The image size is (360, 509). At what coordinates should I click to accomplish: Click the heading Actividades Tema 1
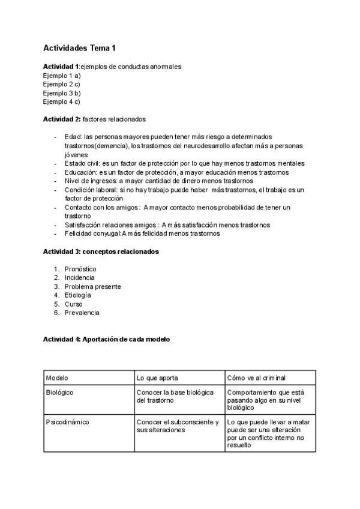tap(79, 48)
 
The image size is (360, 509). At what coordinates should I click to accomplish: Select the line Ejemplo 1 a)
tap(62, 76)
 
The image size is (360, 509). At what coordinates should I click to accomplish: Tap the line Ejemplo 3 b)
tap(62, 93)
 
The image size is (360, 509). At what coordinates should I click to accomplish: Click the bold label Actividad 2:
tap(62, 119)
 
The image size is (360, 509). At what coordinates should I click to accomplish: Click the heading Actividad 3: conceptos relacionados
tap(101, 251)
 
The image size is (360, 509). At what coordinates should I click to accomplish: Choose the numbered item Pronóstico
tap(80, 269)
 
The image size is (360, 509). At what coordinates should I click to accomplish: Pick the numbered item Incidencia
tap(79, 278)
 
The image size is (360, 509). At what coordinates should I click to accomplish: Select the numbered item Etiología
tap(78, 295)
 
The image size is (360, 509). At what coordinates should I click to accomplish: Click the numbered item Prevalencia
tap(82, 313)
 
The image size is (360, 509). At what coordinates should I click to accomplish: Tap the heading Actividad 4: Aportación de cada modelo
tap(106, 339)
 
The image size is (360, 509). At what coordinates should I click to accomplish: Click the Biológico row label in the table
tap(59, 392)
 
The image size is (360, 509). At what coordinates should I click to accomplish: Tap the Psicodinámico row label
tap(67, 422)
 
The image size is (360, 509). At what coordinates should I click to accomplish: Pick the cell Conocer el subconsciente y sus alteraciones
tap(178, 426)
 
